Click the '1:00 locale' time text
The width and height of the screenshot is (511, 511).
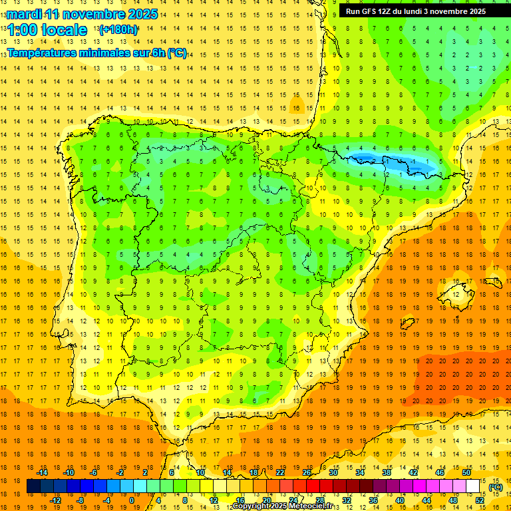(47, 30)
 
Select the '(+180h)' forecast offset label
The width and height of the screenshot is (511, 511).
(118, 30)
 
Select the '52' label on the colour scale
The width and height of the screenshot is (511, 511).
(480, 500)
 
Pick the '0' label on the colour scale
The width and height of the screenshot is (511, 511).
(132, 500)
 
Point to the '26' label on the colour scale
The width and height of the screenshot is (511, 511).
(307, 472)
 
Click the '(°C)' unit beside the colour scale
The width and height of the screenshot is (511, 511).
(495, 487)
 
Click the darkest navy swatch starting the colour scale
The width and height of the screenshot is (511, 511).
(33, 486)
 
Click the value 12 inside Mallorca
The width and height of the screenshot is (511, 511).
(457, 294)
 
